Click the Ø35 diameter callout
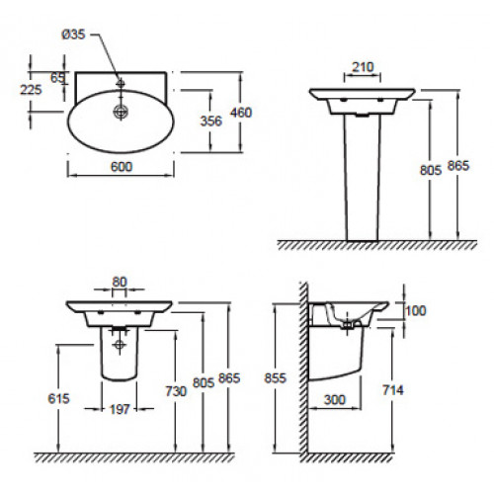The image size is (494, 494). (73, 34)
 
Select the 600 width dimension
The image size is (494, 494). (122, 167)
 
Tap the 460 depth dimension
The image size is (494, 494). (241, 113)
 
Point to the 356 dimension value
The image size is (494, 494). (211, 121)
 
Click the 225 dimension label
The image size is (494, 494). (31, 90)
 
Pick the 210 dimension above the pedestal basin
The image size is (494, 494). (363, 67)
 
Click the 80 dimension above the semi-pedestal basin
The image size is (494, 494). (120, 282)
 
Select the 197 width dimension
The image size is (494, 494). (120, 409)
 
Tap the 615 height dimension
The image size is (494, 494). (58, 398)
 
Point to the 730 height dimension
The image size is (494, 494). (176, 391)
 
